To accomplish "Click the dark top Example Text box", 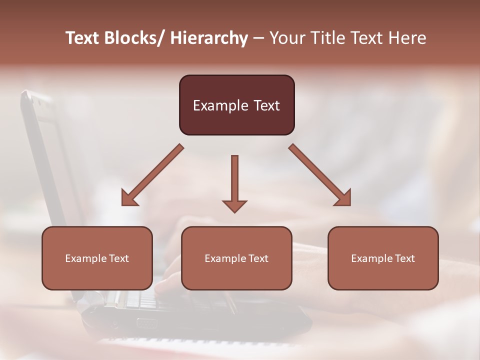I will tap(236, 105).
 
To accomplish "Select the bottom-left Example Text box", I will tap(97, 258).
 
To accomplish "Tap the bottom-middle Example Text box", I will tap(236, 258).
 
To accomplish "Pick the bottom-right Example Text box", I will tap(383, 258).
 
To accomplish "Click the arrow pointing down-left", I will tap(152, 175).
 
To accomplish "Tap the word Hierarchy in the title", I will tap(209, 38).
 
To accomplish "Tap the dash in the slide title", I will tap(258, 38).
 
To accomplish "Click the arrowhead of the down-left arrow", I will tap(128, 199).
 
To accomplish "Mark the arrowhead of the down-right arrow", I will tap(343, 198).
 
